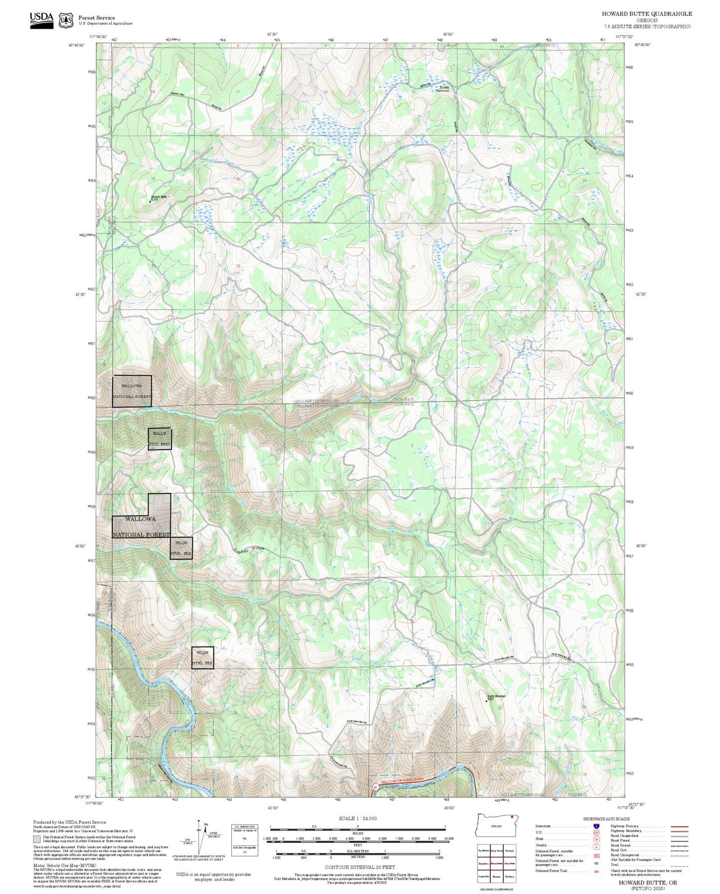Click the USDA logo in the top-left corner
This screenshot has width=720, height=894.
coord(41,20)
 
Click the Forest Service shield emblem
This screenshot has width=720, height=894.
coord(65,20)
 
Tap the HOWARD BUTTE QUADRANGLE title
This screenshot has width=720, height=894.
coord(646,14)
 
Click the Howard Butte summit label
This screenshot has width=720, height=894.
coord(158,198)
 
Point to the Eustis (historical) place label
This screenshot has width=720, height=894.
coord(443,89)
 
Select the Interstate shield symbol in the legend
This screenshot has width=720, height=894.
coord(596,826)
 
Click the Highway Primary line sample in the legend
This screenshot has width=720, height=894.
coord(679,826)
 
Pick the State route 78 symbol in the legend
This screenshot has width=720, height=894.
coord(596,839)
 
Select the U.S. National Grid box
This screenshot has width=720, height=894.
coord(245,840)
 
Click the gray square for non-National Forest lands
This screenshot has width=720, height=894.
coord(37,839)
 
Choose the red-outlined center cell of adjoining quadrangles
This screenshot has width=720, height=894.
coord(496,863)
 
